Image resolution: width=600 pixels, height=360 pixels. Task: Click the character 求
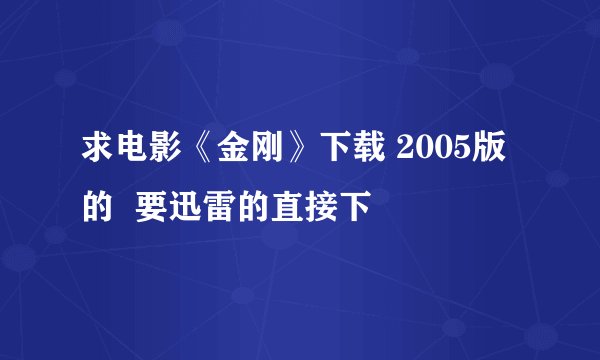pyautogui.click(x=97, y=158)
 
